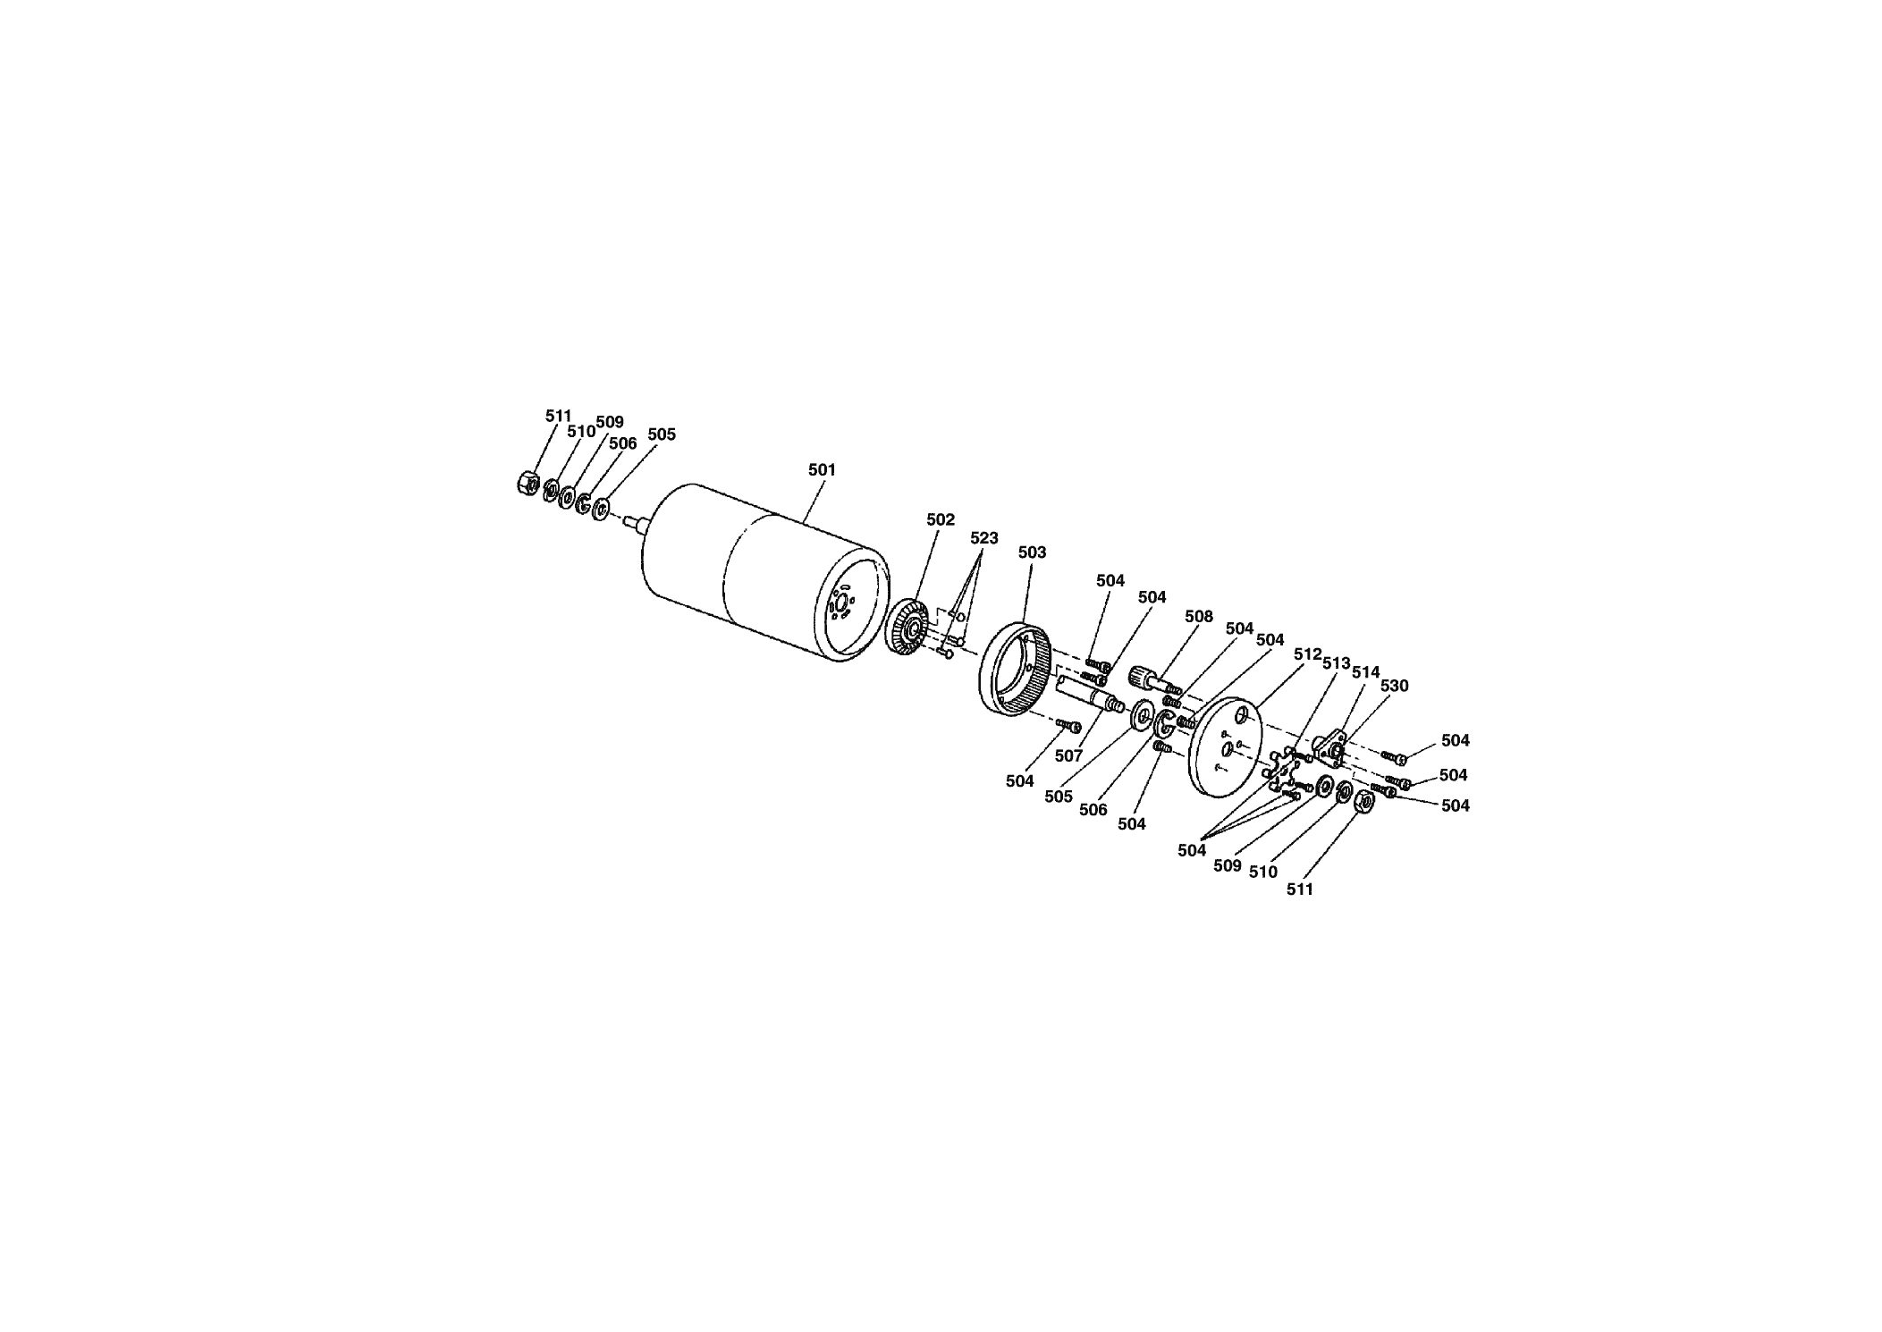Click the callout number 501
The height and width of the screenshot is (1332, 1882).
(x=822, y=469)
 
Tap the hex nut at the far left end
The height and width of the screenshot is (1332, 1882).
(x=527, y=483)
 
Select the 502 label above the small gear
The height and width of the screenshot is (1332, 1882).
(x=941, y=519)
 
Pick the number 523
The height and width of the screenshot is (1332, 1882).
(x=983, y=538)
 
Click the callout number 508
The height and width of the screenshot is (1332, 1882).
(x=1198, y=616)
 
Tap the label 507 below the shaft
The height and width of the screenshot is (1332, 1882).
(x=1068, y=755)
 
